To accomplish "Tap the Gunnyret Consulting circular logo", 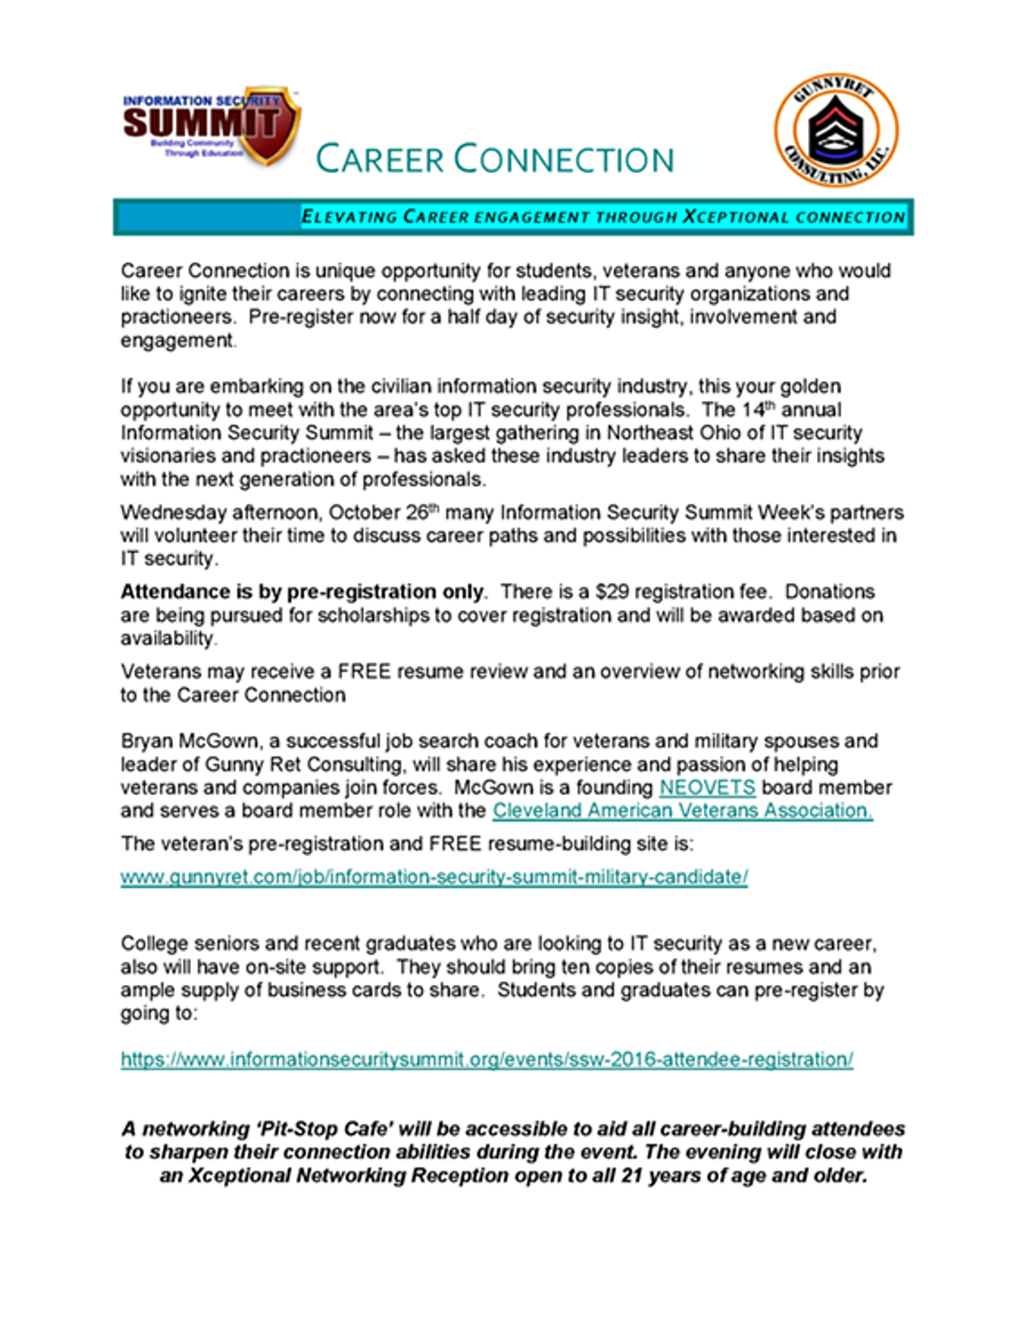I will [836, 130].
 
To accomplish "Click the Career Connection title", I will [494, 159].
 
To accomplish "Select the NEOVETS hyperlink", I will [707, 787].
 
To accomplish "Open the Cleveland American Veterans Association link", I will [682, 811].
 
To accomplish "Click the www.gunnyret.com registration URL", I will [434, 876].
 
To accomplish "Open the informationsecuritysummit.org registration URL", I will [486, 1060].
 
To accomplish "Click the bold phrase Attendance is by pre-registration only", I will [302, 592].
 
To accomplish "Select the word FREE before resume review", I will [363, 671].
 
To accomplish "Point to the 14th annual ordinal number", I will [758, 409].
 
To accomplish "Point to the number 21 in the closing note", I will [632, 1175].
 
